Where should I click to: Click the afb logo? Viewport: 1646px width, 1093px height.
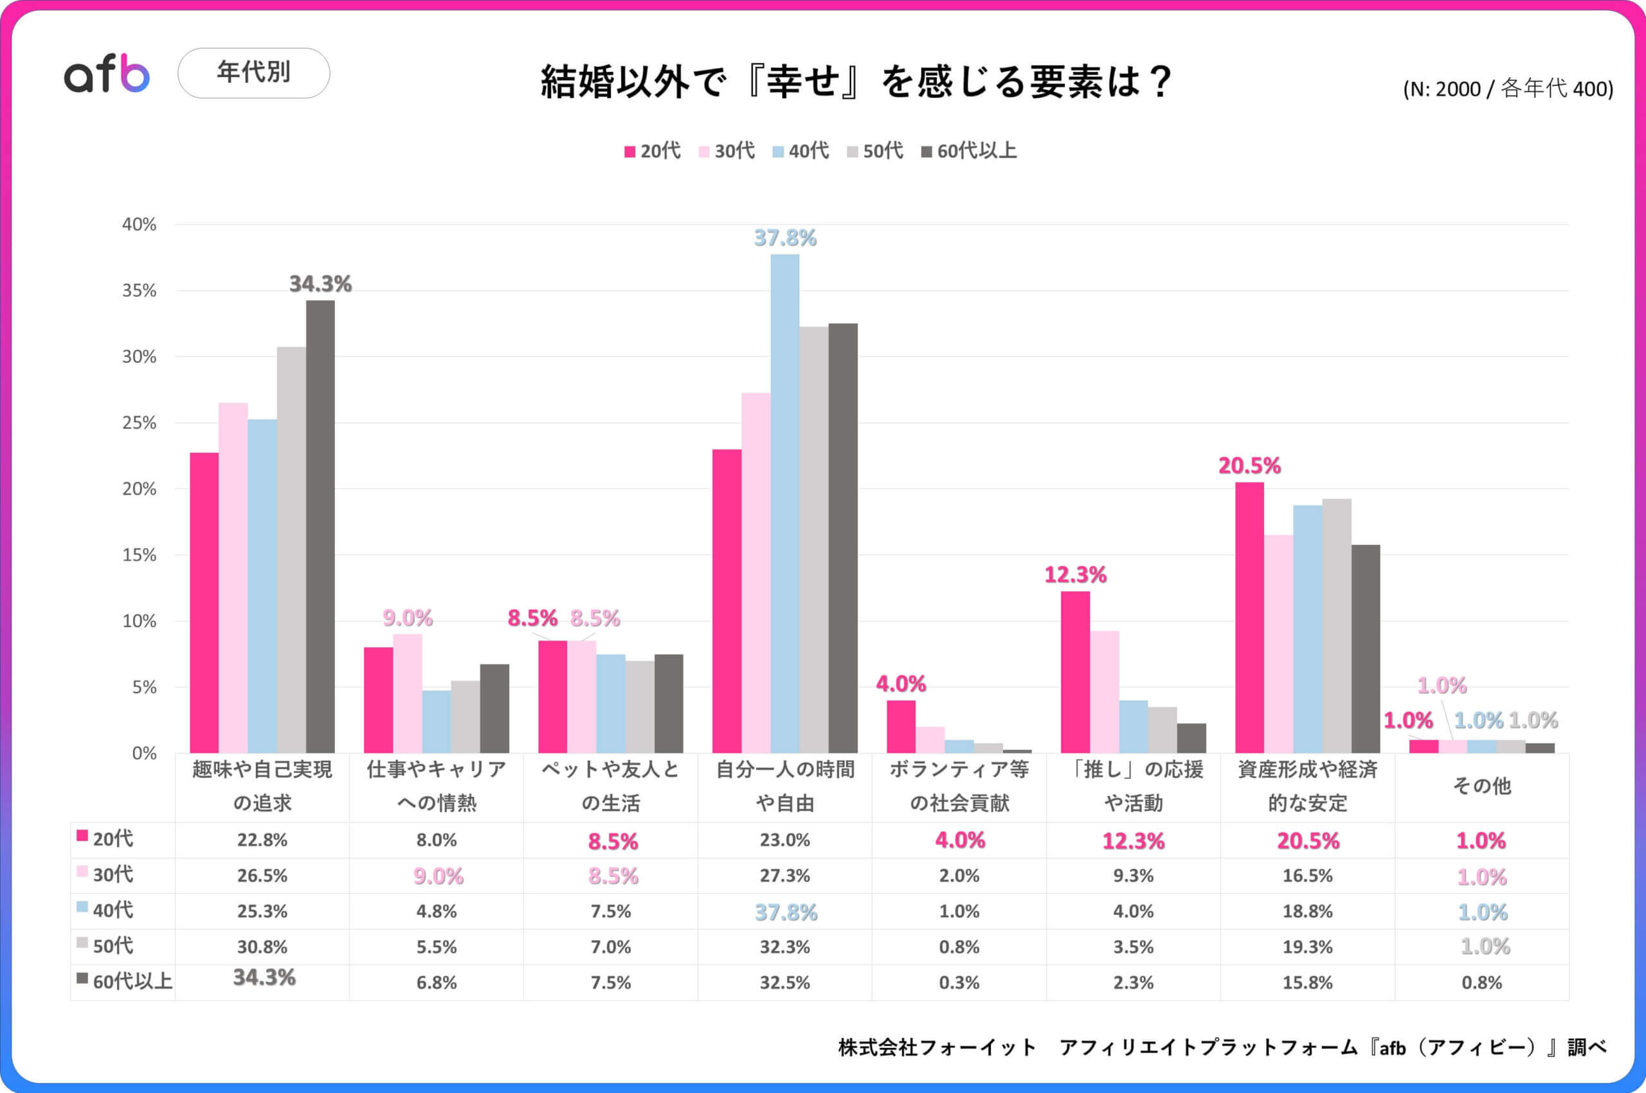[107, 74]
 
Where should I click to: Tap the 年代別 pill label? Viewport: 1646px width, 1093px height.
[253, 73]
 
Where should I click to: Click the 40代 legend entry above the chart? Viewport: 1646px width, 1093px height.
[800, 151]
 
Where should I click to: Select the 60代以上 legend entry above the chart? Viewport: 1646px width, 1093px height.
[969, 151]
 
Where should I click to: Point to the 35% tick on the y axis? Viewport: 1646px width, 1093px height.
[140, 290]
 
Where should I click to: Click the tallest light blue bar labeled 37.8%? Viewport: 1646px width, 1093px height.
[784, 502]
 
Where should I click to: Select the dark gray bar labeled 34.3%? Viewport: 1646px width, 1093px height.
[320, 526]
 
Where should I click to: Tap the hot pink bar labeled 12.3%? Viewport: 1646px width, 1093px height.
[1075, 672]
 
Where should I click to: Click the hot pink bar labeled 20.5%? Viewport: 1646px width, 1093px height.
[1249, 618]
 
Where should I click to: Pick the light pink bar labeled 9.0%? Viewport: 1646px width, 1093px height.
[407, 693]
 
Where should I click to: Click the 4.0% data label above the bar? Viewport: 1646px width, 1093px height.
[900, 684]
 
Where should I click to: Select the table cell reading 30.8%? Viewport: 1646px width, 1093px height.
[262, 946]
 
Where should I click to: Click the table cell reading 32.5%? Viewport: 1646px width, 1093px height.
[784, 982]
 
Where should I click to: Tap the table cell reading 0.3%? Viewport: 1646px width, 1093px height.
[959, 982]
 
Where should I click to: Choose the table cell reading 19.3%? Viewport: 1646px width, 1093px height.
[1307, 946]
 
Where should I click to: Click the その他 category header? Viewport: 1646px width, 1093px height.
[1481, 786]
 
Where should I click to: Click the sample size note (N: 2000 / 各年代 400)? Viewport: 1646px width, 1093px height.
[1508, 89]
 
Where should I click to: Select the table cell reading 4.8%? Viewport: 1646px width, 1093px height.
[437, 911]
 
